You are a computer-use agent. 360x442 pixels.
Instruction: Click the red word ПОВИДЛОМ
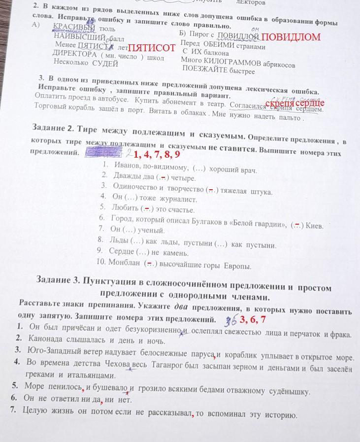pos(291,37)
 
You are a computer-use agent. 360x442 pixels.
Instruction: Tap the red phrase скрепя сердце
pos(295,103)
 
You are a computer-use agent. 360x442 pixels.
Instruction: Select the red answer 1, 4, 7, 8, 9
pos(157,154)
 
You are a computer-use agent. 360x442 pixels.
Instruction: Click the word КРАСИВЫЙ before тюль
pos(73,28)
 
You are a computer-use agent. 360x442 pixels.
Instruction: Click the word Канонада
pos(44,339)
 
